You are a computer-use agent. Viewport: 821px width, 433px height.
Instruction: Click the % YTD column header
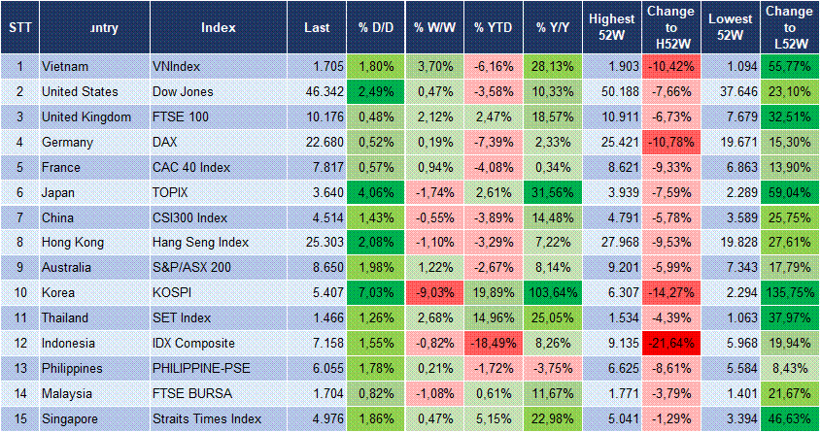pos(492,28)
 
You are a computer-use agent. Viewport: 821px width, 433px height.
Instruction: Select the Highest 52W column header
pos(611,28)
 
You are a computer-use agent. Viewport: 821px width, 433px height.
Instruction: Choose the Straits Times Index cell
pos(207,418)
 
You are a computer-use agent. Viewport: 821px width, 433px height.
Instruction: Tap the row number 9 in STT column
pos(19,267)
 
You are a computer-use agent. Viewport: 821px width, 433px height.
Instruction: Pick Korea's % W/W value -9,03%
pos(435,292)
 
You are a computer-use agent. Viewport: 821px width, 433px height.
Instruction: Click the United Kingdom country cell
pos(86,117)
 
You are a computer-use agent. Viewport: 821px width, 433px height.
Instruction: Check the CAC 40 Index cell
pos(191,167)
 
